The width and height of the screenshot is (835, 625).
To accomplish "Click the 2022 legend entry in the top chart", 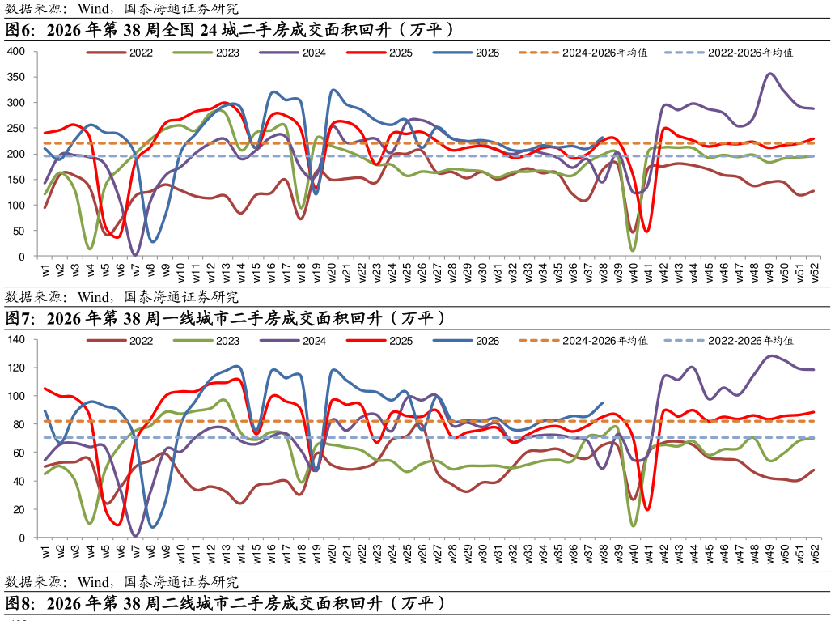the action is [120, 53].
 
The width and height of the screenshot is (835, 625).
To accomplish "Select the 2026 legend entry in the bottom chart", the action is [467, 341].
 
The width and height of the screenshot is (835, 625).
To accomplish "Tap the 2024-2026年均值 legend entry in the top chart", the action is [583, 53].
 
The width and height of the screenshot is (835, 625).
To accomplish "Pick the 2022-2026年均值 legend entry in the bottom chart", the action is [729, 341].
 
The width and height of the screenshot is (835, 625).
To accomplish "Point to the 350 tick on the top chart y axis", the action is [16, 77].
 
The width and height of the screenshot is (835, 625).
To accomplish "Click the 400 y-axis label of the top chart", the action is [16, 51].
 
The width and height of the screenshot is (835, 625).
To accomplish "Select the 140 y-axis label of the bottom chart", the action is [16, 339].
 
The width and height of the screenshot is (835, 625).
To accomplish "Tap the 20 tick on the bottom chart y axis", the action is [19, 509].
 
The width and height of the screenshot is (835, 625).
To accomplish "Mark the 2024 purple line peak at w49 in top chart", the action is [769, 74].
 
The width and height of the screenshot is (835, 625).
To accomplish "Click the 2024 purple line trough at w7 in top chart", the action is [135, 255].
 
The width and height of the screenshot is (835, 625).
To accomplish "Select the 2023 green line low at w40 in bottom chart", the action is [634, 526].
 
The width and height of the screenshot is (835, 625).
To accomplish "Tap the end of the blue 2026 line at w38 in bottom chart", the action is [603, 403].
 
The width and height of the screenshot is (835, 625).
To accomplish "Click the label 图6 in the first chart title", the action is [20, 30].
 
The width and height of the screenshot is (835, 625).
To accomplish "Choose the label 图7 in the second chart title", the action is [20, 319].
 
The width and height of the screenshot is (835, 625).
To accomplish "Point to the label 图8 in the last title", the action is [20, 604].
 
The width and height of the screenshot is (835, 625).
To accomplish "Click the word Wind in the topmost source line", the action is [93, 9].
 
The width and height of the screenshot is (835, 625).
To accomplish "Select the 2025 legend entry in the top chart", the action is [379, 53].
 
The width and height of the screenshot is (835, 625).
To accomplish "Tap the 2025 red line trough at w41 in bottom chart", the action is [647, 509].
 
